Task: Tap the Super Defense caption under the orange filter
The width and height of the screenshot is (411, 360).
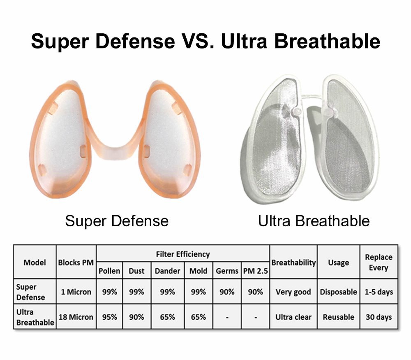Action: [117, 221]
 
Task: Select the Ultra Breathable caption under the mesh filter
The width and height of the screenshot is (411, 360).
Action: [314, 221]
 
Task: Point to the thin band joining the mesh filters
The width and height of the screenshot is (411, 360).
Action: [312, 96]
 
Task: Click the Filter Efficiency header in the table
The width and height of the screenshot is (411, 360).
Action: [183, 254]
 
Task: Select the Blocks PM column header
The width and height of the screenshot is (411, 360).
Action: [76, 262]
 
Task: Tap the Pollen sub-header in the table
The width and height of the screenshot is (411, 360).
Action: [109, 271]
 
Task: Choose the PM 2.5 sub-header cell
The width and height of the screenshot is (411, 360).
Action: [255, 271]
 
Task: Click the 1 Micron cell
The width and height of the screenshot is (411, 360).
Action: [76, 292]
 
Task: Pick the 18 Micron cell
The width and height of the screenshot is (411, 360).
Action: [76, 317]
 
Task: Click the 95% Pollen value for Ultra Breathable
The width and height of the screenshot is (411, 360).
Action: [110, 317]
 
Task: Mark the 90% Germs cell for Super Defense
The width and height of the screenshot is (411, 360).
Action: [227, 292]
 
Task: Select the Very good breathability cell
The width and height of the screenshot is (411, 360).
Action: [293, 292]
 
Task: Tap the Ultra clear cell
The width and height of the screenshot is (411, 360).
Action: [293, 317]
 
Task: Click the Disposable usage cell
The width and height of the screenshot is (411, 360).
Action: [338, 292]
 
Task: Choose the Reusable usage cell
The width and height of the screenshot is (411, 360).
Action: [338, 317]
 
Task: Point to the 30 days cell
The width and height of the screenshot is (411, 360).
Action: [379, 317]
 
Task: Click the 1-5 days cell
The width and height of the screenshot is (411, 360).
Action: [379, 292]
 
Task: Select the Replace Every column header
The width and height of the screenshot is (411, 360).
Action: [379, 262]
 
